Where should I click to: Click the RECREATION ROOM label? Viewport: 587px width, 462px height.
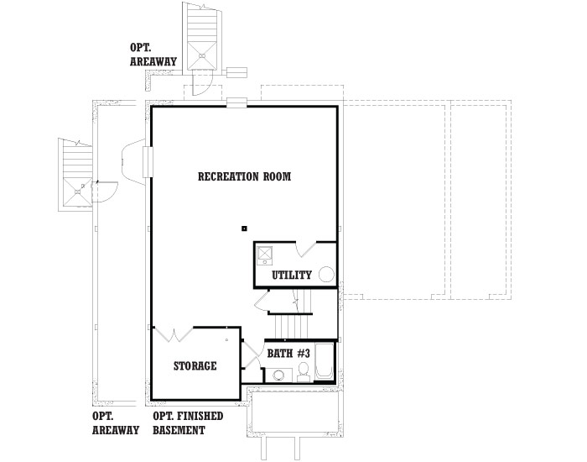tap(244, 176)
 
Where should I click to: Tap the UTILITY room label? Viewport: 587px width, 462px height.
tap(292, 276)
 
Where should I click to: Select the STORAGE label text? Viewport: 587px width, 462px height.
tap(195, 365)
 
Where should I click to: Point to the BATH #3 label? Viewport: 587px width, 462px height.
tap(288, 354)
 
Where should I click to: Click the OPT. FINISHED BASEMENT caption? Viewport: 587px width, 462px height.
tap(188, 423)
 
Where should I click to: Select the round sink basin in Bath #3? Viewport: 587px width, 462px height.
tap(278, 375)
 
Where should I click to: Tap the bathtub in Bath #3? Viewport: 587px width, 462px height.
tap(325, 361)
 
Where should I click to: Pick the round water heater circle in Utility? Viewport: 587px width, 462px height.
tap(326, 274)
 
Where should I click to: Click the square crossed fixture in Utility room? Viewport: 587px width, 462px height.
tap(265, 254)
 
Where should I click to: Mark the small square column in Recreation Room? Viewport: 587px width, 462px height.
tap(245, 228)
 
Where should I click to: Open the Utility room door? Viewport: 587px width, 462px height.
tap(307, 249)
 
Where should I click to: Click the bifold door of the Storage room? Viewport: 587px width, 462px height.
tap(174, 335)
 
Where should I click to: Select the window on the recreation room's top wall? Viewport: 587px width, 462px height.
tap(237, 102)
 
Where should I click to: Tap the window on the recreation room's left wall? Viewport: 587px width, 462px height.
tap(148, 161)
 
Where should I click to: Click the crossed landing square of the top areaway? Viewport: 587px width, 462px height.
tap(202, 55)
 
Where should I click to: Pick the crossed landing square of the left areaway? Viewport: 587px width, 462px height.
tap(77, 192)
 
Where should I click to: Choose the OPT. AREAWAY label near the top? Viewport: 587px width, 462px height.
tap(153, 55)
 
